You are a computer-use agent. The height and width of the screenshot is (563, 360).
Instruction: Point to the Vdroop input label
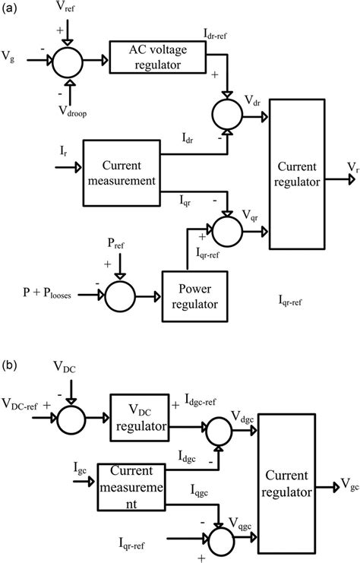[x=69, y=111]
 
